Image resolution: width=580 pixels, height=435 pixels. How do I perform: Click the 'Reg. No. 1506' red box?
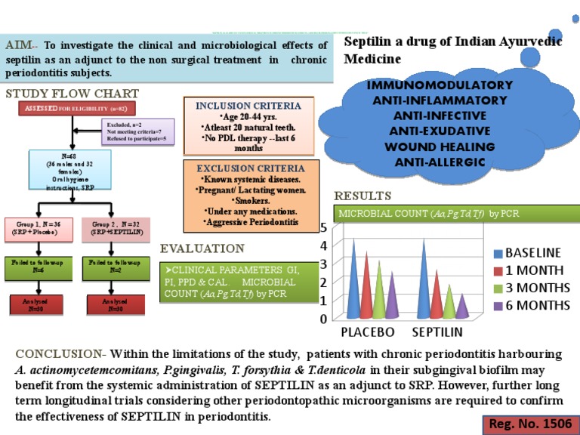tap(531, 425)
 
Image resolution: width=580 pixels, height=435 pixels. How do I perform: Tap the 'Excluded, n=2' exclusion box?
tap(138, 131)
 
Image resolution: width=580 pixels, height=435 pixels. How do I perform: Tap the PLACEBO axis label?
tap(369, 332)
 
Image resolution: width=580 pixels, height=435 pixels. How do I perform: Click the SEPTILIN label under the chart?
tap(438, 332)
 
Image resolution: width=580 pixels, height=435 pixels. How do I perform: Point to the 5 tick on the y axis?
tap(323, 227)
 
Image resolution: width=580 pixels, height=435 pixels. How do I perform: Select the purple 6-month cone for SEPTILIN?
tap(464, 305)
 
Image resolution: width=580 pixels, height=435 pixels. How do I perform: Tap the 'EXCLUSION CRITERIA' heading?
tap(250, 168)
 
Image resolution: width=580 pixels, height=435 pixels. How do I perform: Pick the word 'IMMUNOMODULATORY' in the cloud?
tap(440, 85)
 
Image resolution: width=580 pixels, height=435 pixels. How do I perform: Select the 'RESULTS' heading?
tap(363, 196)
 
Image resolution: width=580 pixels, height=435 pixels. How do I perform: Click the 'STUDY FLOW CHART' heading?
tap(61, 94)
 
